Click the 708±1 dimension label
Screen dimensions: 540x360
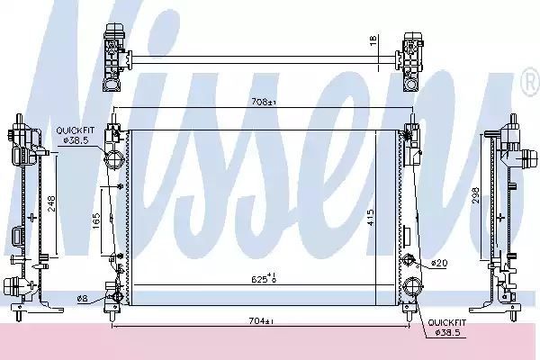tap(264, 102)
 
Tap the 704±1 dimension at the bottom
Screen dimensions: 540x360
tap(261, 321)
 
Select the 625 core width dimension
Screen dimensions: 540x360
tap(264, 278)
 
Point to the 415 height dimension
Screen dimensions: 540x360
tap(371, 218)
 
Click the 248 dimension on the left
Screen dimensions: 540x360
tap(51, 203)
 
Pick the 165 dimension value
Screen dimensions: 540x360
tap(96, 221)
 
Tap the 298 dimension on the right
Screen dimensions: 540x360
tap(475, 195)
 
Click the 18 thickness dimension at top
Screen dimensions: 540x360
tap(373, 40)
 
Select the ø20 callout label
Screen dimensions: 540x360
tap(439, 263)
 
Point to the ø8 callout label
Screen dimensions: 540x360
tap(82, 298)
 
